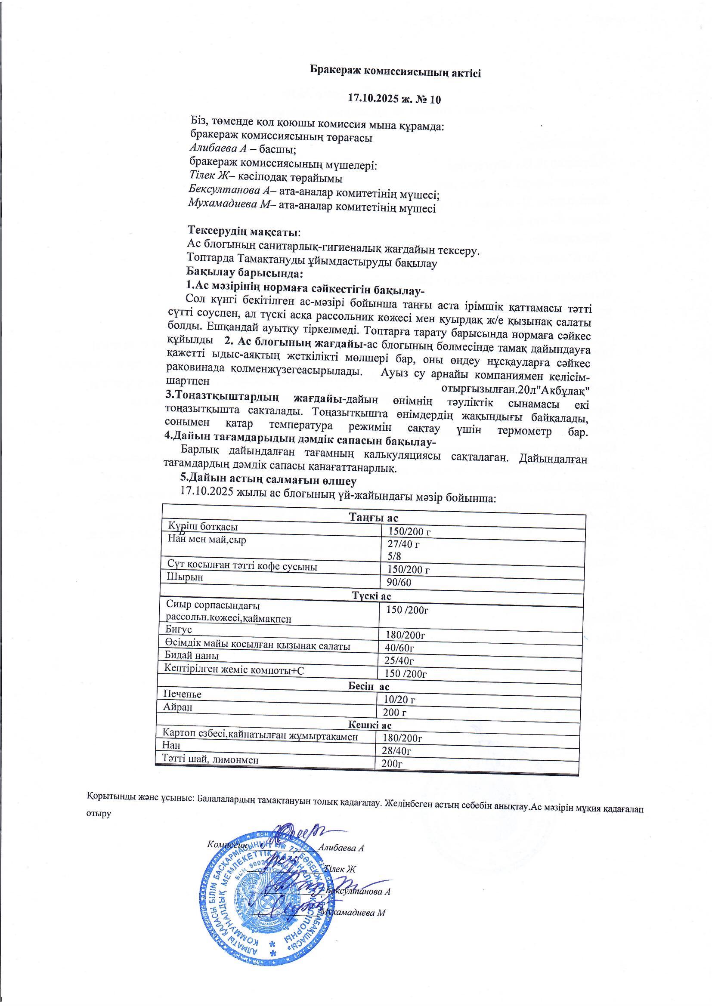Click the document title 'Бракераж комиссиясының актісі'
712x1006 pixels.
tap(395, 71)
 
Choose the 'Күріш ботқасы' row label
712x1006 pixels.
tap(203, 527)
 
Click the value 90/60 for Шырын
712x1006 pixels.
tap(399, 582)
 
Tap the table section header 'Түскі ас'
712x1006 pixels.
tap(371, 596)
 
